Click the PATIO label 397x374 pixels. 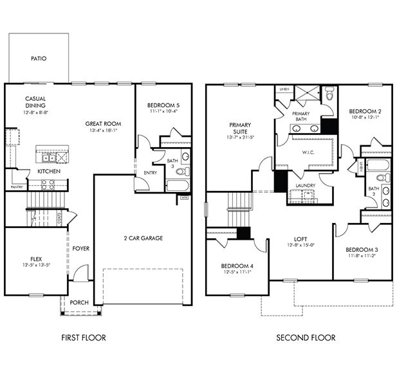point(39,58)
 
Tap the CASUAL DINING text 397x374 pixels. point(36,103)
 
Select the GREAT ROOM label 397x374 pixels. point(103,124)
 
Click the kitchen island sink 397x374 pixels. point(48,157)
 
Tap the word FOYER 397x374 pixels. point(80,249)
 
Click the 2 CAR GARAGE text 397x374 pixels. point(143,238)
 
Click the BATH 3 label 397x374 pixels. point(172,164)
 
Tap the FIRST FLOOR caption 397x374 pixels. point(83,337)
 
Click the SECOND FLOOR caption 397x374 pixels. point(306,337)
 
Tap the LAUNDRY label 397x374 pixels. point(306,186)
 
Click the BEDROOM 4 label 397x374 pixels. point(236,265)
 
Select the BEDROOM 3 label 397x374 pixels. point(361,249)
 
